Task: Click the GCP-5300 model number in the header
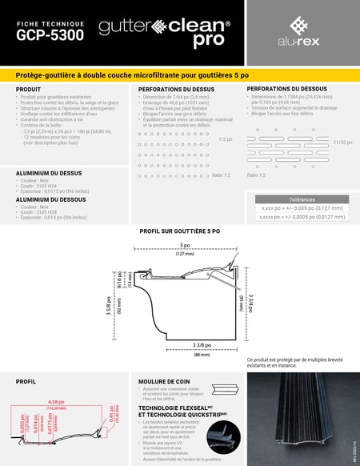tap(49, 36)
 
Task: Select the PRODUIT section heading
tap(29, 89)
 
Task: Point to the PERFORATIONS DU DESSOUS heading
tap(286, 88)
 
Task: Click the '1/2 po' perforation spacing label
tap(225, 139)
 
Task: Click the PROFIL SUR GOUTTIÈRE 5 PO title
tap(179, 231)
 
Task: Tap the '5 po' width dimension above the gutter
tap(186, 245)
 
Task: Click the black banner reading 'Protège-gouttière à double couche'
tap(179, 74)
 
